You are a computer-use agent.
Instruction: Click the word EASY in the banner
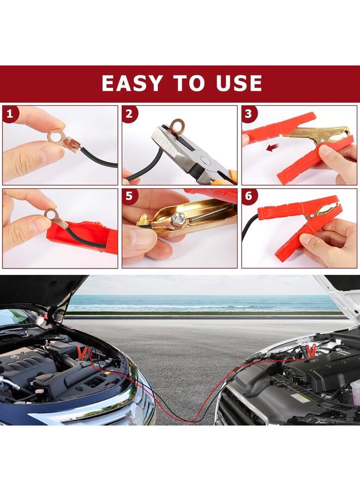131,83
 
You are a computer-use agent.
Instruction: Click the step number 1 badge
10,114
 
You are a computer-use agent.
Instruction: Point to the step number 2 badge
130,114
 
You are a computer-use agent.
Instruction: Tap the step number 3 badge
249,114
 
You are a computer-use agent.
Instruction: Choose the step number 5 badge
130,197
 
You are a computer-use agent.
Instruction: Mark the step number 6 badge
249,197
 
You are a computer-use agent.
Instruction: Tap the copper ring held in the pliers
176,127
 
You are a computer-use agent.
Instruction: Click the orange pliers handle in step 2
231,176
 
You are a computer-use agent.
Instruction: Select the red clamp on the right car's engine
311,350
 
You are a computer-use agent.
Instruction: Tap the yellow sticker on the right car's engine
301,397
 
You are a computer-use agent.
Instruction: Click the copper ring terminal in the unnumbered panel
53,217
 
